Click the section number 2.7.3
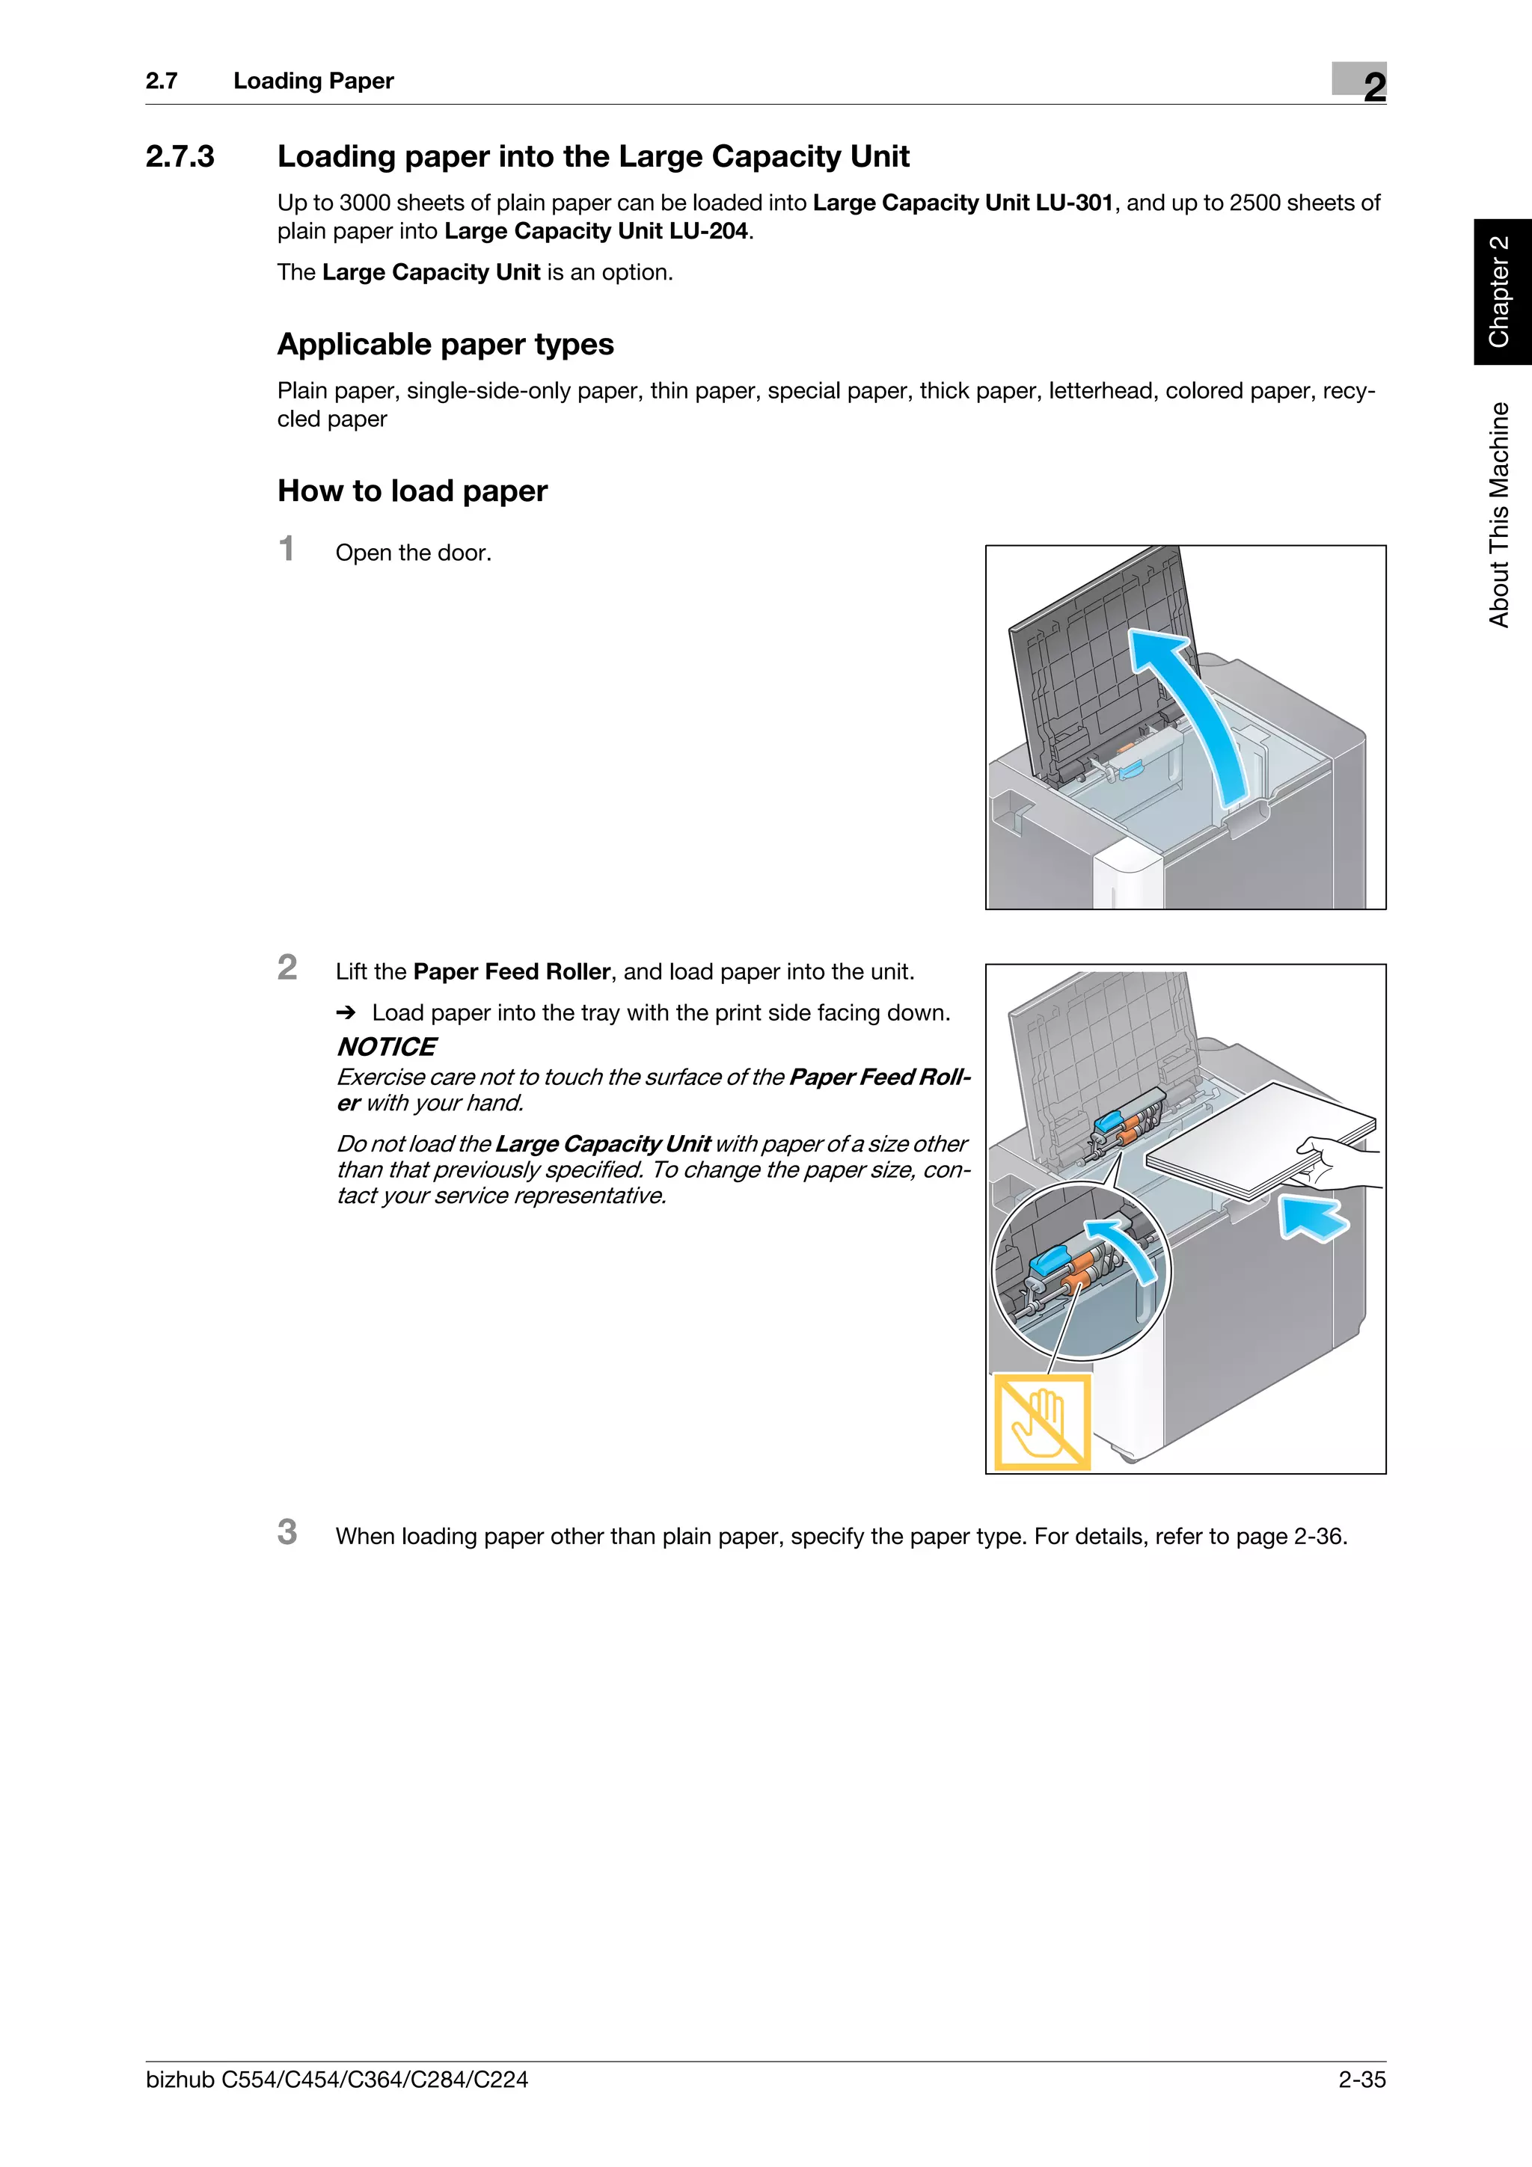180,157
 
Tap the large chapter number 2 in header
1373,87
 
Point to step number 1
287,550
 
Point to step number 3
287,1532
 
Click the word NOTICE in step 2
386,1047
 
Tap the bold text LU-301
1074,203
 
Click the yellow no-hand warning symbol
1042,1422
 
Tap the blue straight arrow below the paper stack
1314,1217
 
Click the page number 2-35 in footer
1361,2080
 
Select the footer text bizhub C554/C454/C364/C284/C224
337,2080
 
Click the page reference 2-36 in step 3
1318,1537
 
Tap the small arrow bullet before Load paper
346,1012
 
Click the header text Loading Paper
313,82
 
